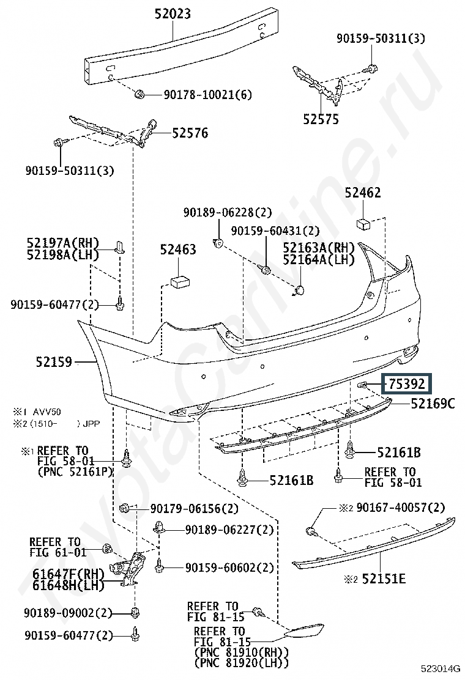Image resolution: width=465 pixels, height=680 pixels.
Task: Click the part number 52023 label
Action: point(173,14)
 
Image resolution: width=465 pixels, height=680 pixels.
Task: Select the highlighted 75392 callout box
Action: point(407,384)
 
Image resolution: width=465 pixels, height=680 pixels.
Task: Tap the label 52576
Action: point(190,133)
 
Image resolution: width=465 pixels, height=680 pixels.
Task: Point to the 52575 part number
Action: point(321,119)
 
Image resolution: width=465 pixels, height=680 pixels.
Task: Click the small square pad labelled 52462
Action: point(363,224)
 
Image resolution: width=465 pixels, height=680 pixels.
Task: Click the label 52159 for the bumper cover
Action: point(54,361)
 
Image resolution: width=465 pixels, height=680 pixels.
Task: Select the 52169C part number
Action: point(433,404)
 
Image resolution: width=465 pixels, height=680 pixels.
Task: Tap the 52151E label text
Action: point(384,578)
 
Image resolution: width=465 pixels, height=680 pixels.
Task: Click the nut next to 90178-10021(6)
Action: point(139,94)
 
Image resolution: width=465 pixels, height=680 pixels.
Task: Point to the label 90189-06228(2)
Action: point(228,212)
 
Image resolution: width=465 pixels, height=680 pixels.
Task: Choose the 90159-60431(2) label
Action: point(275,231)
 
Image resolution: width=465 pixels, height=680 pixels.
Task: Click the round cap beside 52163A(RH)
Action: point(299,290)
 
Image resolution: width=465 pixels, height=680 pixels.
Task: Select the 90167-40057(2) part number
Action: point(400,507)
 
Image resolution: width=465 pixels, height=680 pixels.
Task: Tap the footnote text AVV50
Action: point(48,412)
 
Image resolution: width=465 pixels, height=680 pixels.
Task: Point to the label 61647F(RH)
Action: point(69,574)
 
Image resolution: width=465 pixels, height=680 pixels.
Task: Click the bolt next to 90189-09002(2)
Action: point(135,613)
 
